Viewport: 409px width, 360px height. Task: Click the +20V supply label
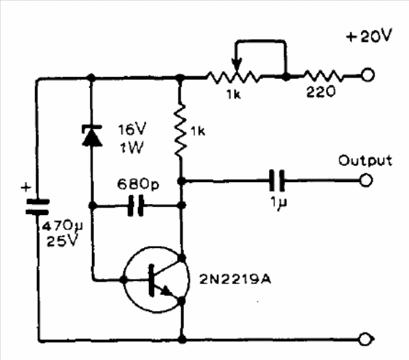point(369,36)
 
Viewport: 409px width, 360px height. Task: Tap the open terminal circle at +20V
point(368,75)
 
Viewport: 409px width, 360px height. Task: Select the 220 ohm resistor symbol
point(323,76)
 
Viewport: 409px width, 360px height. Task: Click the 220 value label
point(321,92)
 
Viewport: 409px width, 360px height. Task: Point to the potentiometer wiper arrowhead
point(237,65)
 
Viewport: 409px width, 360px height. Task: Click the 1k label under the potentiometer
point(234,94)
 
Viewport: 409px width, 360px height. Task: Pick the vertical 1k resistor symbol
point(180,130)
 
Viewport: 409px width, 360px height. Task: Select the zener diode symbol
point(92,135)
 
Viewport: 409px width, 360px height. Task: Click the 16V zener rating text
point(132,129)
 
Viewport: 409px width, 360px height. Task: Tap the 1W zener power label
point(132,148)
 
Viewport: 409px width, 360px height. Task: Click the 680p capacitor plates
point(136,205)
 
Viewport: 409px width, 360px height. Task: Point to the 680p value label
point(138,184)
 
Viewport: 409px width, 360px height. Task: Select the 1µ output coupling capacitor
point(277,181)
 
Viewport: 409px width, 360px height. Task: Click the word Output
point(365,160)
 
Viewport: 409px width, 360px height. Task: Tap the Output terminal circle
point(366,180)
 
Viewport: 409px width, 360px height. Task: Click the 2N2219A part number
point(235,280)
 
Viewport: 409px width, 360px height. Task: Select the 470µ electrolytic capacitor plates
point(37,206)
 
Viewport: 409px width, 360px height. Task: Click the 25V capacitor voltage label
point(62,241)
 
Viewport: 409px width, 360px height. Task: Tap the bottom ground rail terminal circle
point(366,339)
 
